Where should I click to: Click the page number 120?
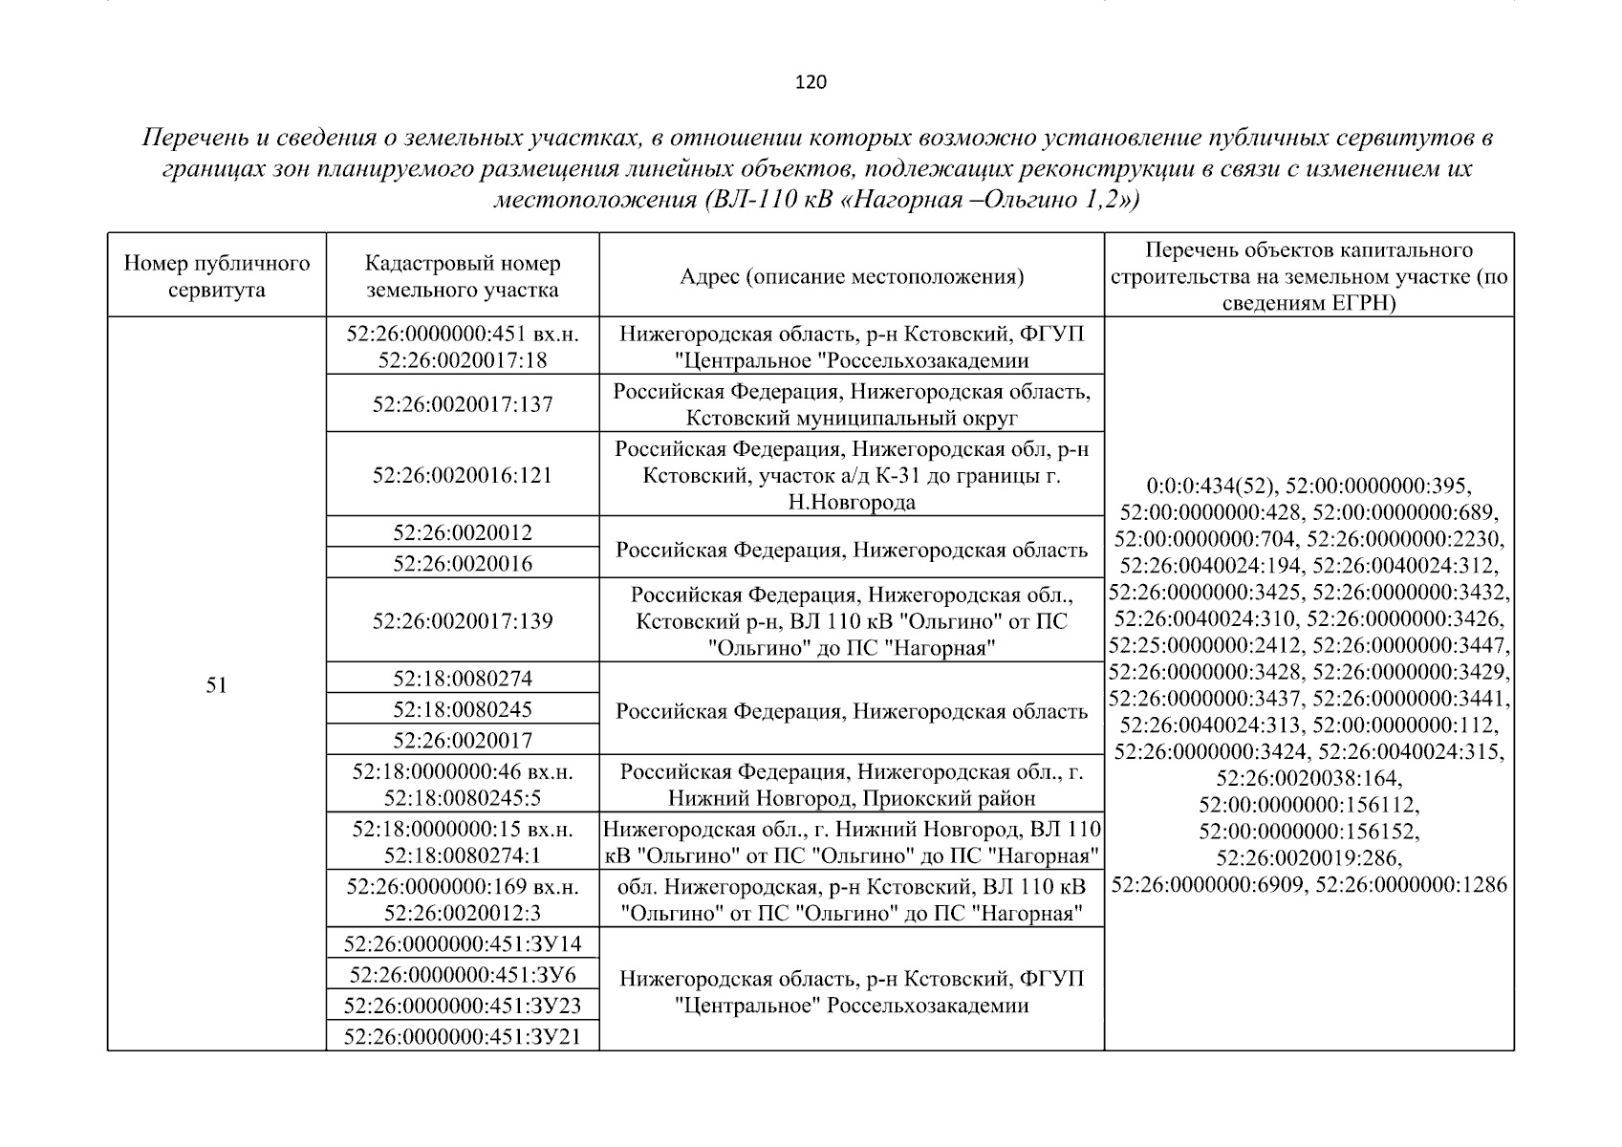(811, 82)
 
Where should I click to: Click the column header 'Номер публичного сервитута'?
(217, 276)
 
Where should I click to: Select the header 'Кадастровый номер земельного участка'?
(463, 276)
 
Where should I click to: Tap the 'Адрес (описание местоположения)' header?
(852, 277)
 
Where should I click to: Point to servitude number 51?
(217, 684)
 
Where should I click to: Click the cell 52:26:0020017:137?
(463, 404)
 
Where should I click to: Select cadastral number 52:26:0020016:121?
(463, 475)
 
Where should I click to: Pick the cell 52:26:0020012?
(463, 532)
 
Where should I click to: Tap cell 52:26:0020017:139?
(463, 621)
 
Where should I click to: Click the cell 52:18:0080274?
(463, 679)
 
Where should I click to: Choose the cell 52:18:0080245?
(463, 709)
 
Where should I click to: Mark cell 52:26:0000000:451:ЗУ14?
(463, 944)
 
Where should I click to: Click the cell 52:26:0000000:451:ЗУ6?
(463, 975)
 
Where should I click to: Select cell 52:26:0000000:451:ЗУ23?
(463, 1006)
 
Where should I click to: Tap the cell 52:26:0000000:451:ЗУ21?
(463, 1037)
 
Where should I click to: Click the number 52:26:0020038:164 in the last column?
(1308, 777)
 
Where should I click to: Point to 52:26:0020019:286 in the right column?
(1308, 857)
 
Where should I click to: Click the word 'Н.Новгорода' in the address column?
(852, 502)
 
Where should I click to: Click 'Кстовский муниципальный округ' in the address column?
(852, 418)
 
